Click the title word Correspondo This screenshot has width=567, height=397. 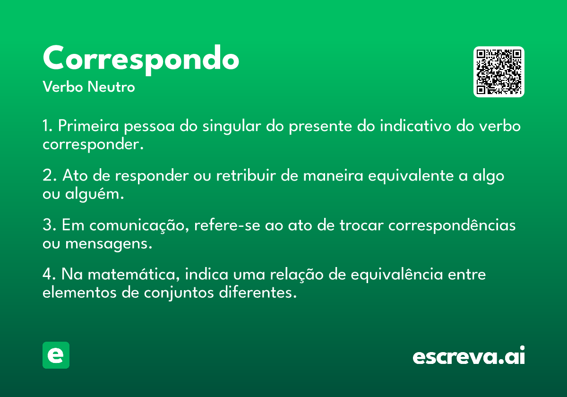pos(141,60)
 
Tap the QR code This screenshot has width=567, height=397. pos(498,72)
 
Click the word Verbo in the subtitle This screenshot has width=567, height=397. pos(63,86)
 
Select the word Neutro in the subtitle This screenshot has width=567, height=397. pos(111,86)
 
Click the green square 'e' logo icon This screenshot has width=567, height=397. pos(56,355)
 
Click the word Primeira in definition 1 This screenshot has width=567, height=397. pos(88,126)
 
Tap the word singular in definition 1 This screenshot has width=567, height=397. pos(232,127)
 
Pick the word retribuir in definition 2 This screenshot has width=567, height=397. pos(246,175)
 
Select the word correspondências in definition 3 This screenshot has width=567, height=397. pos(452,225)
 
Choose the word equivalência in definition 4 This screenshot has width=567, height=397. pos(396,275)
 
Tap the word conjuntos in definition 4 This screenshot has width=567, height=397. pos(179,293)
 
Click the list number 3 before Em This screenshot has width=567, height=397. pos(47,225)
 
